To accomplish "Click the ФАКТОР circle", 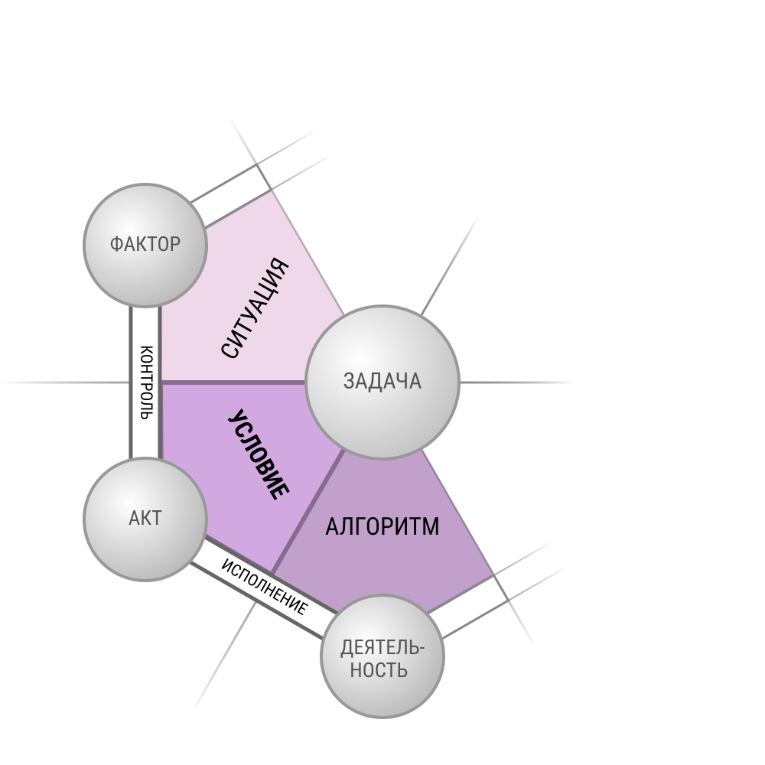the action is (145, 246).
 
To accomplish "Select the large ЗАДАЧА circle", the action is (382, 382).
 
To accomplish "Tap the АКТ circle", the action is (145, 519).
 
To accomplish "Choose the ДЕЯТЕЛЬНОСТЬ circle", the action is (382, 656).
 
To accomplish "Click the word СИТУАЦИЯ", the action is (255, 308).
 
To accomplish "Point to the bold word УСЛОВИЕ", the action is (259, 454).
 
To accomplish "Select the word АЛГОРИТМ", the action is (382, 526).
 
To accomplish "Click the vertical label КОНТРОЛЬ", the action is (146, 382).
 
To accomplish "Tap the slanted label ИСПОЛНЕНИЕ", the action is (265, 587).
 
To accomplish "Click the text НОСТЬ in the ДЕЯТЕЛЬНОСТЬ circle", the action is (379, 670).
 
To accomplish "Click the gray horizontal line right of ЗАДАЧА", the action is (516, 382).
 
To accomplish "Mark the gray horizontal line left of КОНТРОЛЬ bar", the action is (66, 382).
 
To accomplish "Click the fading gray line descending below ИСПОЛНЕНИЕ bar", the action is (224, 656).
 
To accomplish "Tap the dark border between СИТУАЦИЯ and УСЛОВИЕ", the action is (233, 382).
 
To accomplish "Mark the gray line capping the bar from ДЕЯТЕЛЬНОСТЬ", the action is (514, 610).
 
